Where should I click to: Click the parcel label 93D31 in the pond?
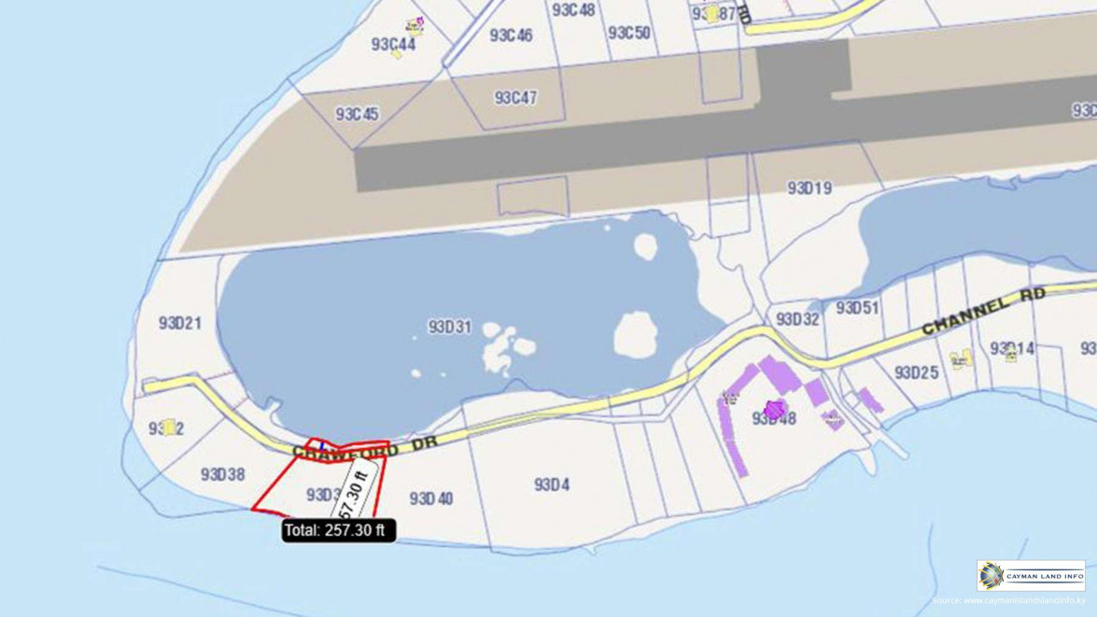pos(449,328)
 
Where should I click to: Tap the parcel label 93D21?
pos(179,324)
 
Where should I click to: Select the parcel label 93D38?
pos(222,474)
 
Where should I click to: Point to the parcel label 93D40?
pos(430,499)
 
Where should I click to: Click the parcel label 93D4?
pos(552,485)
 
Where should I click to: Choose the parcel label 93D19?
pos(809,189)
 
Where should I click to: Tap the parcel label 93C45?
pos(357,115)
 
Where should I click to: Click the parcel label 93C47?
pos(515,98)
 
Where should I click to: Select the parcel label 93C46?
pos(511,35)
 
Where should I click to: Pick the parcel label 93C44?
pos(392,44)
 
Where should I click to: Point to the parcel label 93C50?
pos(628,34)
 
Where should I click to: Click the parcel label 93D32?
pos(797,320)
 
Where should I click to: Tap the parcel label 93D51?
pos(856,308)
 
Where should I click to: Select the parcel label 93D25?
pos(916,373)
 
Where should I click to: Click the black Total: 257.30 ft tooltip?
pos(339,530)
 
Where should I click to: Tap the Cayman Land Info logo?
pos(1031,576)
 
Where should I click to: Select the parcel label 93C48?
pos(572,10)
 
